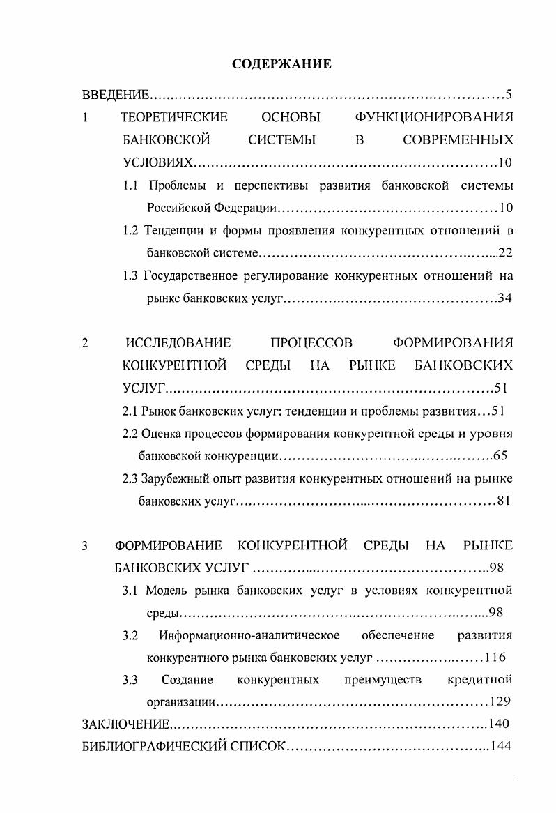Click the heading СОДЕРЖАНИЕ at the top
pyautogui.click(x=281, y=64)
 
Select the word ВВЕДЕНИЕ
pyautogui.click(x=116, y=94)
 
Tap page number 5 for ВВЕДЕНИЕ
pyautogui.click(x=509, y=94)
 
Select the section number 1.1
pyautogui.click(x=131, y=186)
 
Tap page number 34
pyautogui.click(x=505, y=298)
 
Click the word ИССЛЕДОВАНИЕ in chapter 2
pyautogui.click(x=178, y=342)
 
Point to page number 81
pyautogui.click(x=505, y=501)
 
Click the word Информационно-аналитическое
pyautogui.click(x=249, y=635)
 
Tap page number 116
pyautogui.click(x=495, y=657)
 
